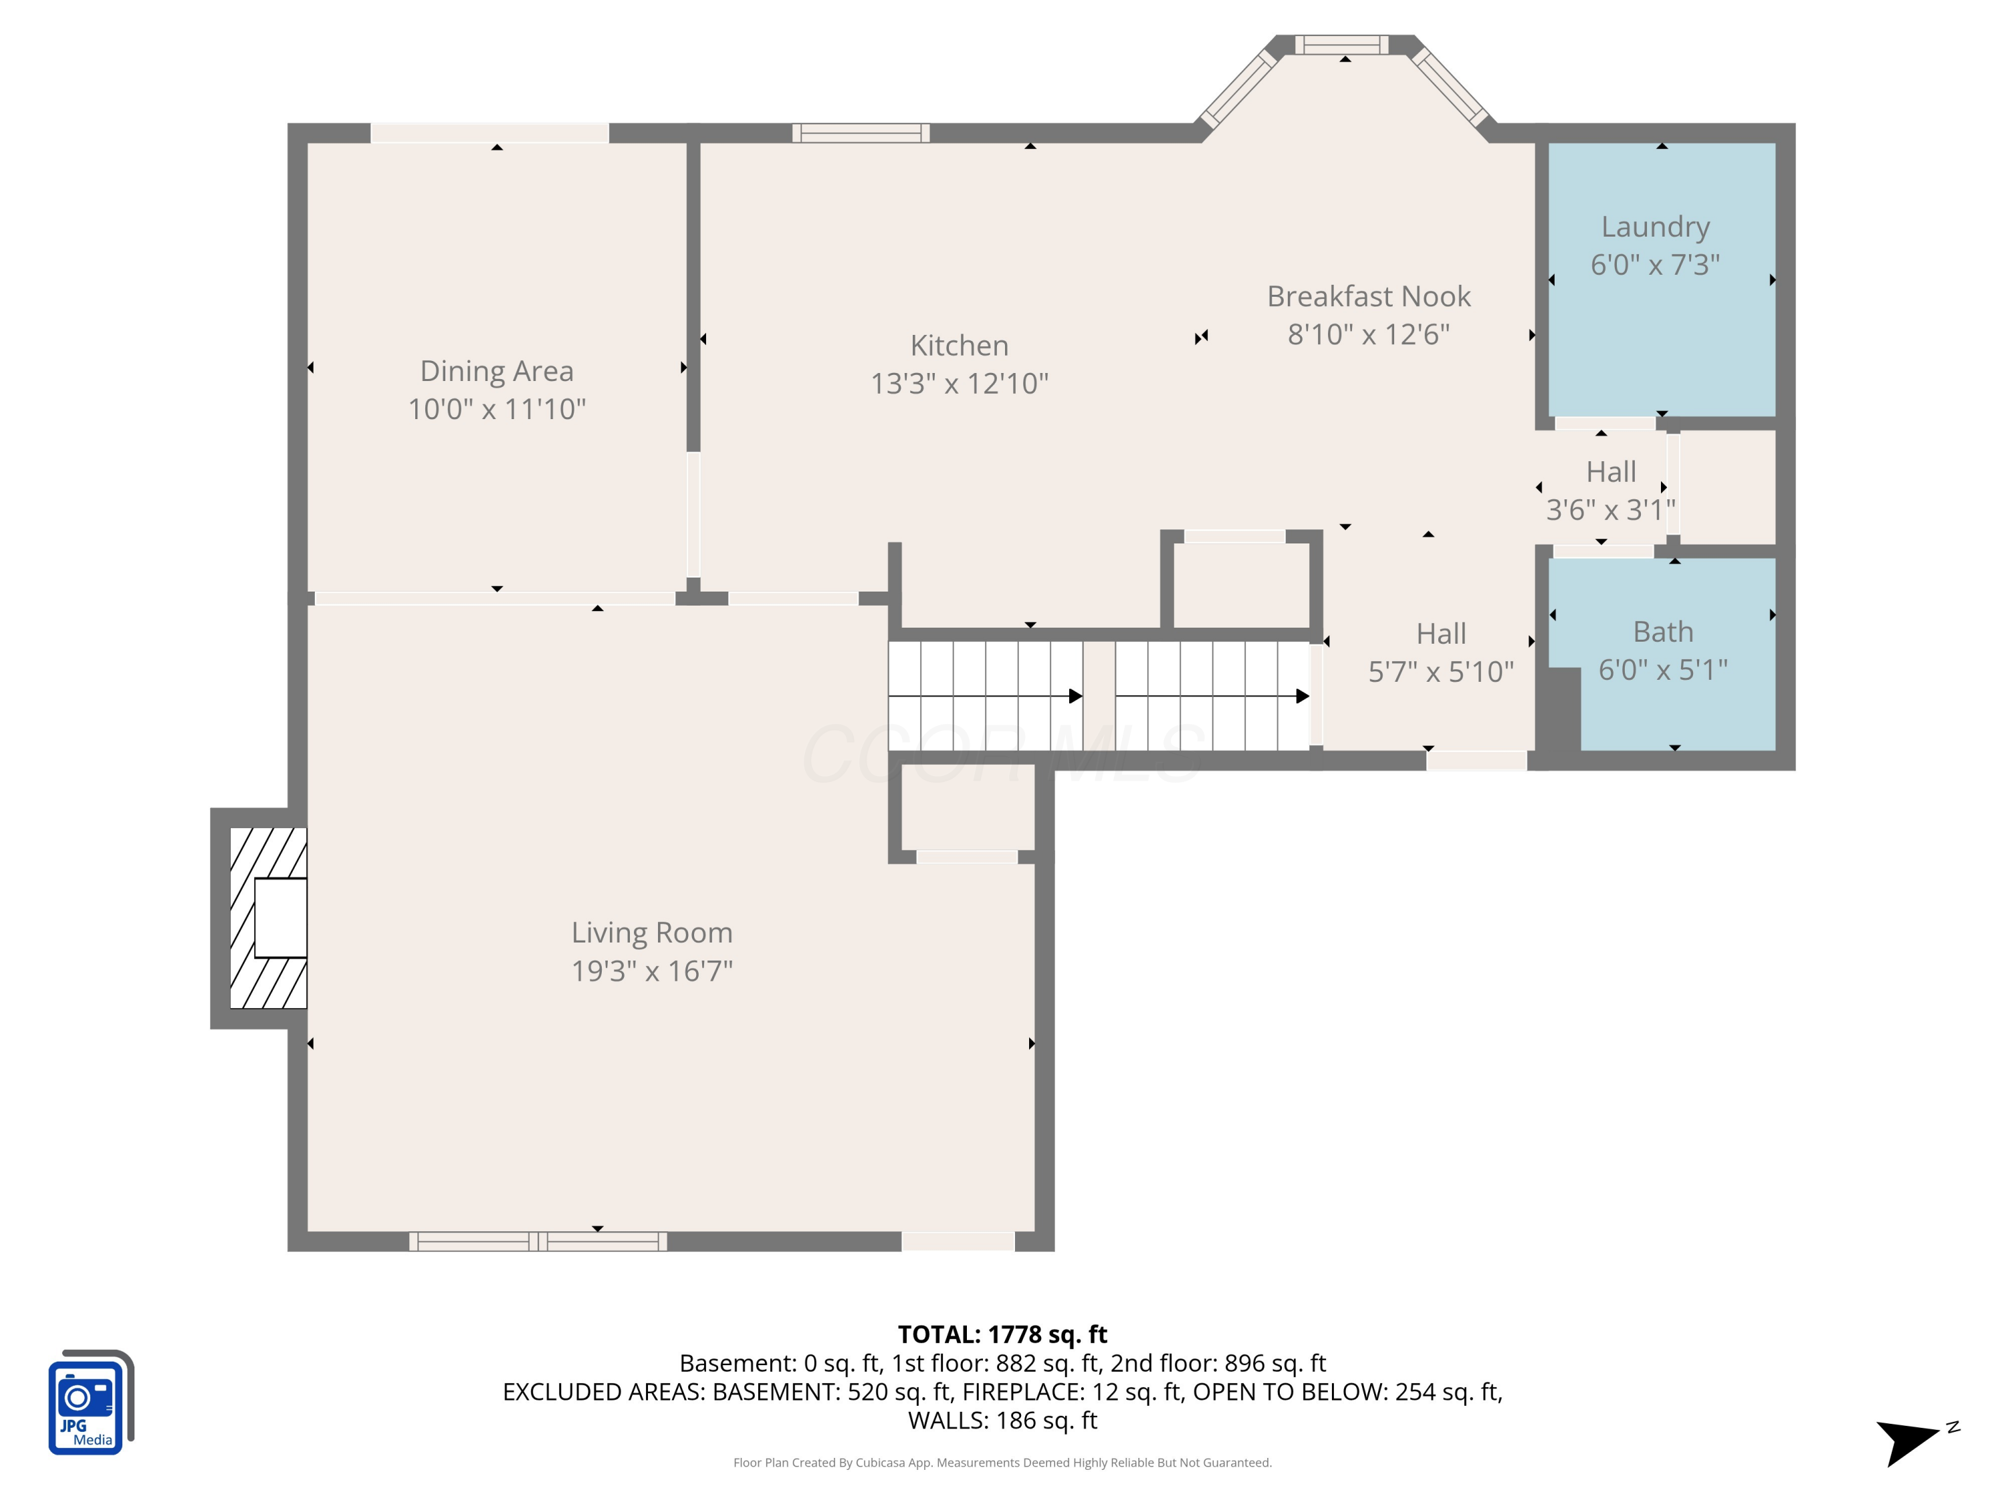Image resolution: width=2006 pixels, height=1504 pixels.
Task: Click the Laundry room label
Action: [x=1655, y=227]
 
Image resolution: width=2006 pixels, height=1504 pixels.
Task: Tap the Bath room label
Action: [x=1663, y=632]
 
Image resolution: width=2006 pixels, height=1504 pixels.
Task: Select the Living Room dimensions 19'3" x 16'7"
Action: [x=652, y=971]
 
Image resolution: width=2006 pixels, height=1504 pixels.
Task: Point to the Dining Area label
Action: [x=497, y=371]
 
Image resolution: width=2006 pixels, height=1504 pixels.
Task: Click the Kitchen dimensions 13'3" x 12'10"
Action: [x=960, y=384]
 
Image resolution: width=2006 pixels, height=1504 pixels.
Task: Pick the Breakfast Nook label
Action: [x=1369, y=296]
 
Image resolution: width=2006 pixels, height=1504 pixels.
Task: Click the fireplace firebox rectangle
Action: [x=280, y=918]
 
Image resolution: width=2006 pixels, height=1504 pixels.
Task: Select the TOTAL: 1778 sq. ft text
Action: [x=1002, y=1334]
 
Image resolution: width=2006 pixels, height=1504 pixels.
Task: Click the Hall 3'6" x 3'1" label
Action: [x=1611, y=491]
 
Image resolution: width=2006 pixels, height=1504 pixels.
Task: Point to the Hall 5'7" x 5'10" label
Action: [x=1441, y=652]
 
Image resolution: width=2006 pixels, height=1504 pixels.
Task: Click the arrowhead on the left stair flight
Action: [x=1075, y=697]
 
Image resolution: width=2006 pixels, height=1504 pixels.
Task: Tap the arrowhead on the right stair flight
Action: [x=1303, y=697]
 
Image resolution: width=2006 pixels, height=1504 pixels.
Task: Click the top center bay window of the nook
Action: [x=1341, y=44]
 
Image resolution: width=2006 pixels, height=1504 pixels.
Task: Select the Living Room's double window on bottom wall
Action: [x=538, y=1241]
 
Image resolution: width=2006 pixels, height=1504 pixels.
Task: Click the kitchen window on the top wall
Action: [x=861, y=133]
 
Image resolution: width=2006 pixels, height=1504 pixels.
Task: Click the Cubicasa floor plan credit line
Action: [x=1002, y=1463]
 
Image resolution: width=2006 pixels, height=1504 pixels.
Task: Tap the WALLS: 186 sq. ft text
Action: [x=1002, y=1420]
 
